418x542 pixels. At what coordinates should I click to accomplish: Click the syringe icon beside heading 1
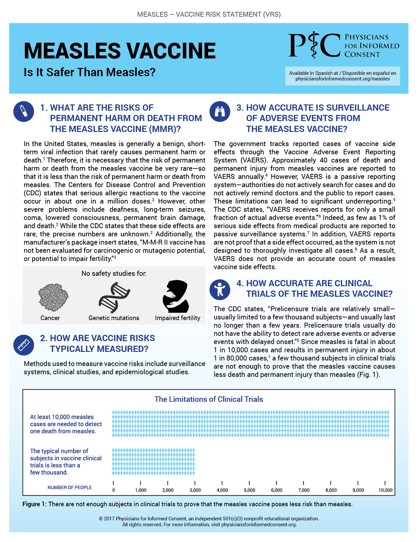point(24,111)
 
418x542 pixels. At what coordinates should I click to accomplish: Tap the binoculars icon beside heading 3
point(220,112)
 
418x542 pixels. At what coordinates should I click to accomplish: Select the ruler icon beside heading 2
point(24,345)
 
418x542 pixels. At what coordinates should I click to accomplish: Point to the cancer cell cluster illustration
point(53,297)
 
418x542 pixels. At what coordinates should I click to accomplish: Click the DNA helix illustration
point(114,297)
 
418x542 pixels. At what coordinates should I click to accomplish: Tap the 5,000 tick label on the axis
point(249,490)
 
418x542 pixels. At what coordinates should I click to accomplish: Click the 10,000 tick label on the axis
point(386,490)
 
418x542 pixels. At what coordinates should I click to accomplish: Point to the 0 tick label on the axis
point(113,490)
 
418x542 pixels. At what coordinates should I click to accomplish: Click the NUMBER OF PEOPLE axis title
point(70,488)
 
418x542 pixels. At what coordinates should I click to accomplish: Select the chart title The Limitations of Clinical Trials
point(209,399)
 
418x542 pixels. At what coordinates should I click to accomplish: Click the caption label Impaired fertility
point(177,318)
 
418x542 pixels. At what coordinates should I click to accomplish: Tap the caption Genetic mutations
point(114,318)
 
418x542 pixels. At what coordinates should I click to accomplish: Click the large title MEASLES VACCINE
point(120,51)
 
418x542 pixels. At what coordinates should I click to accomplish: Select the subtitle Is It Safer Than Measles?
point(90,72)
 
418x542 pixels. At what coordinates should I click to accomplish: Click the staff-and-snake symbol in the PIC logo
point(314,45)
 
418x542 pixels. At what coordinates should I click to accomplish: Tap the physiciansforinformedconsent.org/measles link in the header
point(343,79)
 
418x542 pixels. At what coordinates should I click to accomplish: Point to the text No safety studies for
point(114,273)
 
